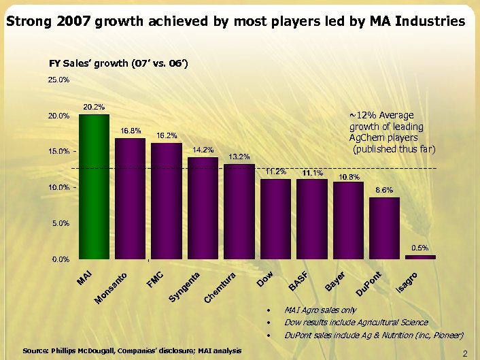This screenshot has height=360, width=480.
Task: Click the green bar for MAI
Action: click(x=94, y=186)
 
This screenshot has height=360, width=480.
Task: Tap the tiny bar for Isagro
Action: click(x=420, y=257)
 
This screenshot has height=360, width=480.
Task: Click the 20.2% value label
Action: click(x=94, y=107)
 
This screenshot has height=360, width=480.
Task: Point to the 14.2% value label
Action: click(x=203, y=150)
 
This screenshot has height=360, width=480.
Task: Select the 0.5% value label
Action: click(x=420, y=248)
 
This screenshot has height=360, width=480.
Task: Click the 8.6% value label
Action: click(x=384, y=190)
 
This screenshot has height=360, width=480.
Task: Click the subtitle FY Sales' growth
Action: click(x=118, y=64)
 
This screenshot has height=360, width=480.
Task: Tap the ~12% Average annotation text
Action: click(x=391, y=132)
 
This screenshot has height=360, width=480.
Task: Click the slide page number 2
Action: click(x=465, y=353)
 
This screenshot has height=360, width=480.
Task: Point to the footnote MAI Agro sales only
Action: click(x=320, y=310)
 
